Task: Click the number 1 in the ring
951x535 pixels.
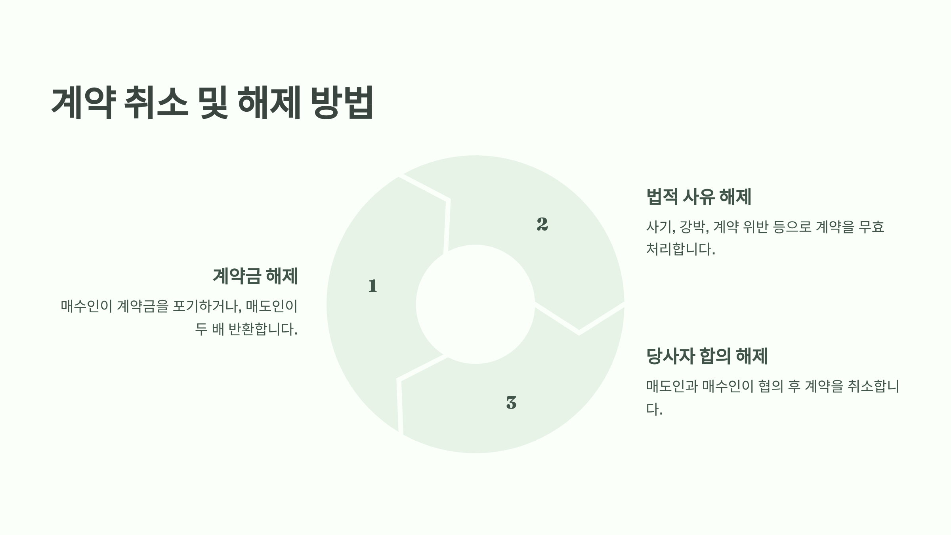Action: tap(372, 286)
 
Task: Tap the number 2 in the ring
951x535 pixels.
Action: tap(542, 224)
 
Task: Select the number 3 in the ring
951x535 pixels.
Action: tap(511, 403)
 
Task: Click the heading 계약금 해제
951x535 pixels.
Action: tap(255, 276)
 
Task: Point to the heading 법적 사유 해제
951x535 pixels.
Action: tap(699, 197)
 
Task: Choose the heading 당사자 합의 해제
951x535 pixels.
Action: tap(707, 356)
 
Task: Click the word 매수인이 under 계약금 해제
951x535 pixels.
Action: tap(86, 306)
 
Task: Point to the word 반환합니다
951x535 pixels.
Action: tap(263, 329)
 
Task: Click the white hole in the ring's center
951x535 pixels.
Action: tap(475, 304)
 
